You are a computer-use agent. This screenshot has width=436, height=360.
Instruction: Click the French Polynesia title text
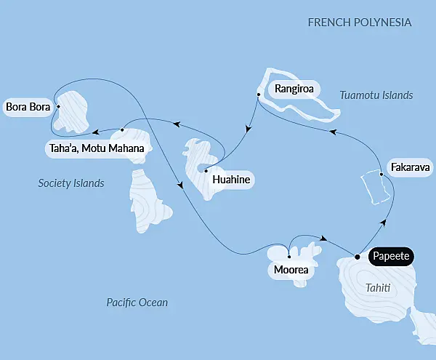coord(360,23)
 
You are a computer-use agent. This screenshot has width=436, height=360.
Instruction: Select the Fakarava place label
coord(410,167)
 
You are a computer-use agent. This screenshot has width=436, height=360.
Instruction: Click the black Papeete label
coord(392,256)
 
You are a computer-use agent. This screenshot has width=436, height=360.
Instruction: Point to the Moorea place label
coord(291,271)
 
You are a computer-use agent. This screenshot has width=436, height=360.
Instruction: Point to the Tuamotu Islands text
coord(376,95)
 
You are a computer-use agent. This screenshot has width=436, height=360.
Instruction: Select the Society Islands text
coord(71,183)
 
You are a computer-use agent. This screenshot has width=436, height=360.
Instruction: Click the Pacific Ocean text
coord(137,302)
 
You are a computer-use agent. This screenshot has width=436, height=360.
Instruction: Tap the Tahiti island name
coord(377,289)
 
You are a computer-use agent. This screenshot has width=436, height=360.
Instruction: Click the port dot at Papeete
coord(357,256)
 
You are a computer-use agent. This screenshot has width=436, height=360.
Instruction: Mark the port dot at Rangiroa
coord(258,95)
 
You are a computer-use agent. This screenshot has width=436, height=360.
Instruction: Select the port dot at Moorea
coord(289,257)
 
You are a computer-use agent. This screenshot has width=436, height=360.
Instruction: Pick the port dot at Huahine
coord(206,172)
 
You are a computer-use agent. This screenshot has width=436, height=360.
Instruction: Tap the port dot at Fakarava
coord(381,173)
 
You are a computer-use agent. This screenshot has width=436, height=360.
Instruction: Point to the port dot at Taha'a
coord(123,130)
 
